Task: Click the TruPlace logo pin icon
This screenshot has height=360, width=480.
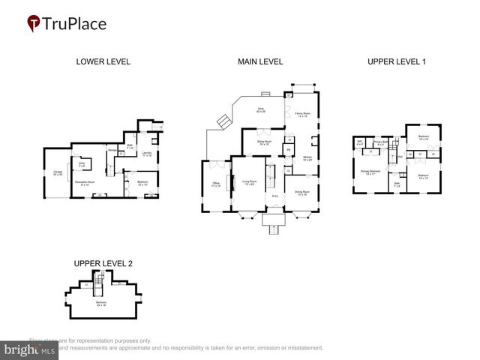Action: point(34,24)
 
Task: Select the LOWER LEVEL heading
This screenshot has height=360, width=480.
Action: point(103,61)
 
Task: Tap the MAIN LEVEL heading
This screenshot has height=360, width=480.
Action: point(260,61)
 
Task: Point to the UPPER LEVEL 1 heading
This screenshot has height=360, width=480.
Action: point(397,61)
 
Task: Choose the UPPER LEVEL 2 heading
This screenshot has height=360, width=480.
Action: point(103,263)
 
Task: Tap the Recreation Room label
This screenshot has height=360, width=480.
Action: point(83,181)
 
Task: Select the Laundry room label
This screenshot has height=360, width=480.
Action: point(148,154)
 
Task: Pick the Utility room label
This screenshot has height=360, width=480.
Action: point(81,163)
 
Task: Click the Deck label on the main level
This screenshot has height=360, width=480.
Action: point(261,110)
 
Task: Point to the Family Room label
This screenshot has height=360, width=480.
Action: point(302,115)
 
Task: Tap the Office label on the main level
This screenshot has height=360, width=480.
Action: point(215,184)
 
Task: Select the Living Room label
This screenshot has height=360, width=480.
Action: point(248,181)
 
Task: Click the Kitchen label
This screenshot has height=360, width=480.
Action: point(307,158)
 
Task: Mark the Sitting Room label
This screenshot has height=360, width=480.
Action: point(264,142)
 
